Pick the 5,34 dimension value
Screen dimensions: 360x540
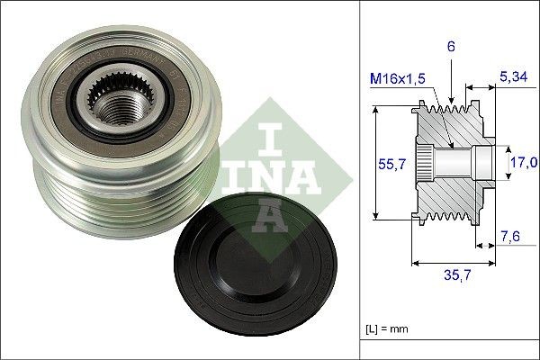click(x=513, y=76)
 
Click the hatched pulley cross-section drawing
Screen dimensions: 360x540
click(x=454, y=162)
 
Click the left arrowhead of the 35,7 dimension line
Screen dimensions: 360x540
click(x=415, y=263)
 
